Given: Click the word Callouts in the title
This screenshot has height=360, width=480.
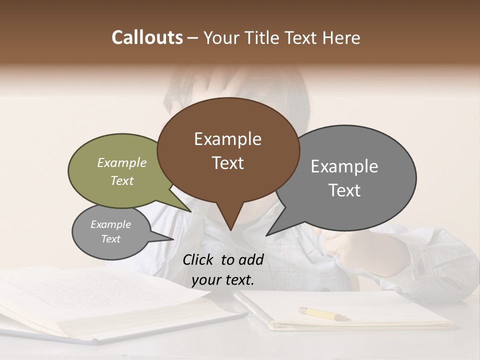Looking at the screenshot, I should pyautogui.click(x=147, y=37).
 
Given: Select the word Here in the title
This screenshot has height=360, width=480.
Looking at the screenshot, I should pyautogui.click(x=342, y=38).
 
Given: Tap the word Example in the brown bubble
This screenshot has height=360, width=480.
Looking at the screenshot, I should pyautogui.click(x=227, y=139).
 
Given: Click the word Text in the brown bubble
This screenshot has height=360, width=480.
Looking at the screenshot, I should pyautogui.click(x=227, y=163).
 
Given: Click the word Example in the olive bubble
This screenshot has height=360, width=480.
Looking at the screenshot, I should pyautogui.click(x=122, y=162).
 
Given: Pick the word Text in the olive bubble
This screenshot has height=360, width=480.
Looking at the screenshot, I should pyautogui.click(x=122, y=180).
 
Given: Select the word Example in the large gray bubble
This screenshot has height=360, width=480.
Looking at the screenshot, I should pyautogui.click(x=344, y=166).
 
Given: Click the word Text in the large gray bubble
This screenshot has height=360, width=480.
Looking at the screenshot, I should pyautogui.click(x=344, y=190).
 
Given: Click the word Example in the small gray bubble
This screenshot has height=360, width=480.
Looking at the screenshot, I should pyautogui.click(x=110, y=224).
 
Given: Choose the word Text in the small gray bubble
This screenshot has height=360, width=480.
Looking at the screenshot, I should pyautogui.click(x=110, y=239).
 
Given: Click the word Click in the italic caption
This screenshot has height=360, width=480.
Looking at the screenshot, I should pyautogui.click(x=199, y=259).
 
